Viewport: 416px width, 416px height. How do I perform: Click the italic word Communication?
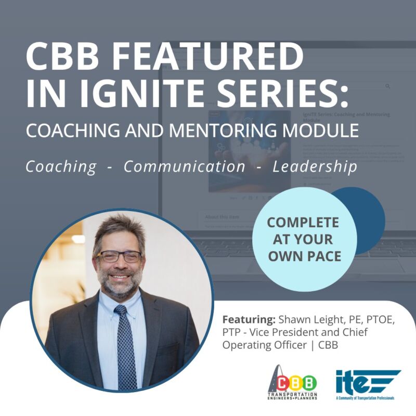[184, 166]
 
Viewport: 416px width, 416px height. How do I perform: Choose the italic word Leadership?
[315, 166]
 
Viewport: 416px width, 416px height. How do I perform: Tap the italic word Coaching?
[61, 166]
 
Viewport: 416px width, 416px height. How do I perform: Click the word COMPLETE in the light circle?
[303, 223]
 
